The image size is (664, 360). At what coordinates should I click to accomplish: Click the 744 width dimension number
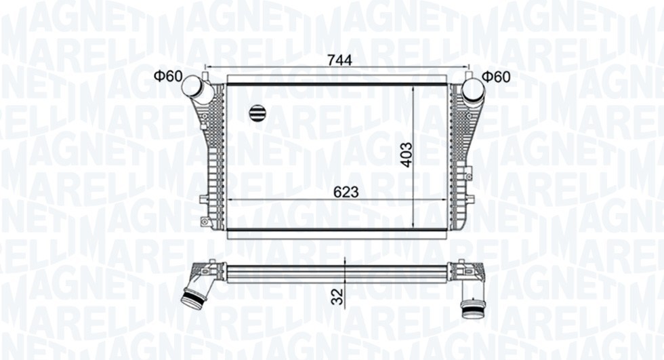click(x=339, y=60)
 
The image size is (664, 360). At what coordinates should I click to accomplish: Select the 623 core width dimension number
click(x=345, y=193)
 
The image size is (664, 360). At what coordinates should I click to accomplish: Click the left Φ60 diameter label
click(x=167, y=77)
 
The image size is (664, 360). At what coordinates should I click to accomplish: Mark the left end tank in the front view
click(x=213, y=156)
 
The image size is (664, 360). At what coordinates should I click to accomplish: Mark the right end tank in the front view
click(x=460, y=156)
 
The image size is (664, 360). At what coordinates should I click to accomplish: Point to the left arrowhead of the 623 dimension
click(x=230, y=200)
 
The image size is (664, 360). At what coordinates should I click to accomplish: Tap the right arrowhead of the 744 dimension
click(x=466, y=68)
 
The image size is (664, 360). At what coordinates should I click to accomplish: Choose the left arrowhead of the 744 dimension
click(x=207, y=68)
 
